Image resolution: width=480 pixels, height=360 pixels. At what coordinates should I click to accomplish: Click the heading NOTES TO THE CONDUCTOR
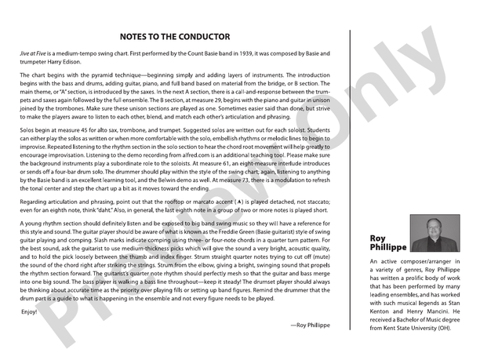(175, 37)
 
